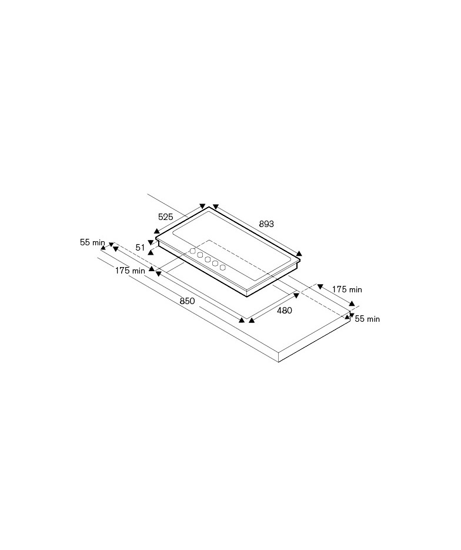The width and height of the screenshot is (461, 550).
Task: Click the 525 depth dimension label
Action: point(165,217)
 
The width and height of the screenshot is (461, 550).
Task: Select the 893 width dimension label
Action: point(266,224)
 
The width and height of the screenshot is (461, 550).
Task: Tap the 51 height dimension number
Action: point(140,248)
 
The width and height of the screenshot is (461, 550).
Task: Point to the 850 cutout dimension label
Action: point(187,301)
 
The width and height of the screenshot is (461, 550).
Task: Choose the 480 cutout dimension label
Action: point(285,310)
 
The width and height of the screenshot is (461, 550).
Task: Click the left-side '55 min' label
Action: point(92,242)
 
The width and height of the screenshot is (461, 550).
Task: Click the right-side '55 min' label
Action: point(368,319)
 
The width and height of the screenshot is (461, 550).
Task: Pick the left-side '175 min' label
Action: point(130,271)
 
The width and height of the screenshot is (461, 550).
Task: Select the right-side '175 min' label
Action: point(347,289)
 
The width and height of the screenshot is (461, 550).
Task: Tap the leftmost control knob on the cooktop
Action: point(192,251)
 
